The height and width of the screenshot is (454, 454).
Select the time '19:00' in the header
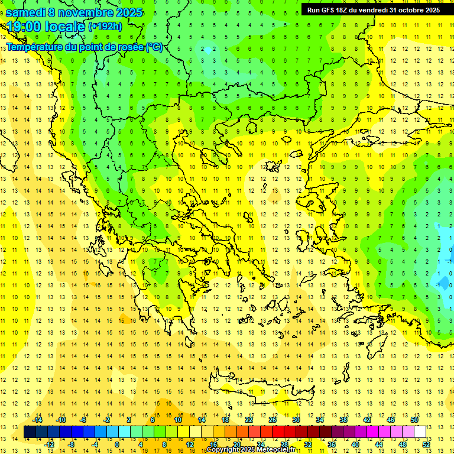tap(25, 27)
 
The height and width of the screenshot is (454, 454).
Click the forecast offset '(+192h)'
tap(105, 27)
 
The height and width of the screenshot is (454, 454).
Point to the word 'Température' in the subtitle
tap(35, 47)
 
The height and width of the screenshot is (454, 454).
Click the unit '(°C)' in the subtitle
tap(154, 47)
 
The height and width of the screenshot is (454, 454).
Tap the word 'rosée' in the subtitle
tap(128, 47)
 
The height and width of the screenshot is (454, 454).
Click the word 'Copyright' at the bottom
tap(223, 450)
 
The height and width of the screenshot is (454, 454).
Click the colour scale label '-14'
tap(38, 420)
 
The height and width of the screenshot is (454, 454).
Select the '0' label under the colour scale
tap(116, 445)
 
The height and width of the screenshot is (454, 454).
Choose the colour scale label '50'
tap(414, 420)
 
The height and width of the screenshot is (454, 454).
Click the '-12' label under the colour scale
tap(49, 445)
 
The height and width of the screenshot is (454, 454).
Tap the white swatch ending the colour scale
tap(420, 432)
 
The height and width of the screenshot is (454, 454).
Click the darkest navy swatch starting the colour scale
tap(30, 432)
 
